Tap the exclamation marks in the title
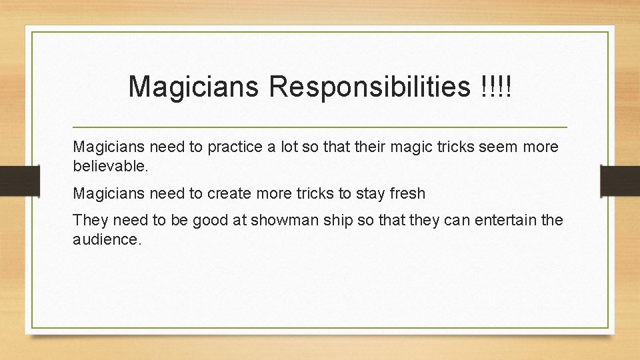pos(495,87)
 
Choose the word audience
pos(107,239)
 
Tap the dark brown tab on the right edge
pos(619,180)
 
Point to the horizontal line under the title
pos(319,127)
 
